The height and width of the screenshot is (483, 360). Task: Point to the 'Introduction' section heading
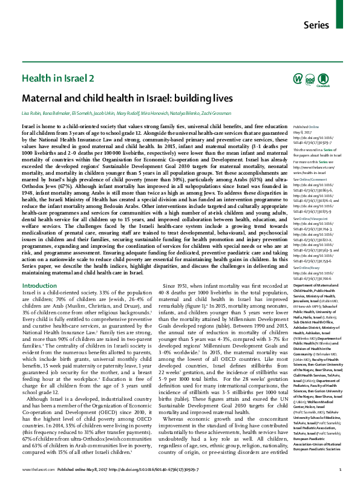(x=39, y=285)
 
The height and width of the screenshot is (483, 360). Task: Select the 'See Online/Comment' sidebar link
(x=295, y=180)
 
